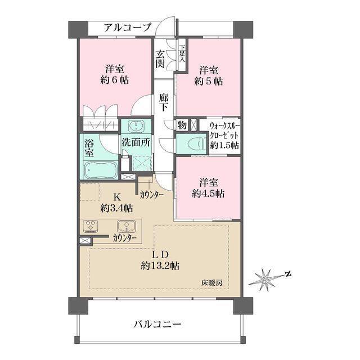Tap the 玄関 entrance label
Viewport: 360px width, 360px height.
pos(161,59)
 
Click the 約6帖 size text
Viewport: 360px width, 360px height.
pos(116,80)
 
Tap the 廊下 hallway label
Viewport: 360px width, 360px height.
pos(164,103)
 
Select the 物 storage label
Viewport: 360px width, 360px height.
pos(183,125)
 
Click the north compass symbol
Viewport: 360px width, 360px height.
pos(269,277)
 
